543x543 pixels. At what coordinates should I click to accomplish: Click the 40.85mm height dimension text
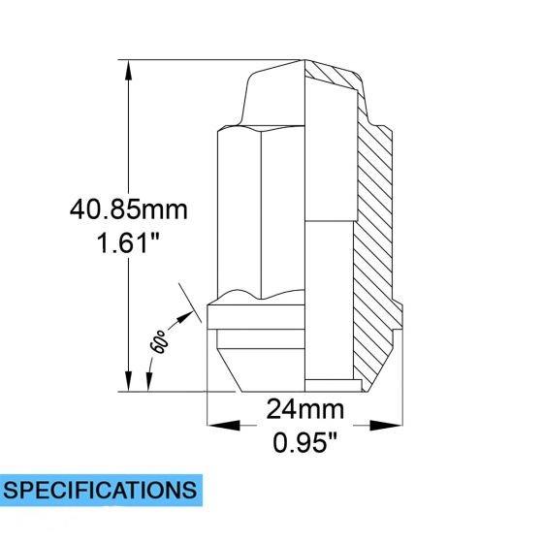pos(128,209)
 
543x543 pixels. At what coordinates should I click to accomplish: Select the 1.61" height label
pos(128,242)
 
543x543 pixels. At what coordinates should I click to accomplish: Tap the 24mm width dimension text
pos(304,409)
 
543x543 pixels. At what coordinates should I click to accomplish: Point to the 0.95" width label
pos(304,442)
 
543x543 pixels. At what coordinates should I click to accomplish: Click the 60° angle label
pos(159,341)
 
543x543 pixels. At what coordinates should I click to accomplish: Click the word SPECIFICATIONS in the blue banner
pos(100,490)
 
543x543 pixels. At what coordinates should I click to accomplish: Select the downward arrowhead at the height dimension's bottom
pos(128,380)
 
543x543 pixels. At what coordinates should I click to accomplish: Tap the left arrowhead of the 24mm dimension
pos(223,425)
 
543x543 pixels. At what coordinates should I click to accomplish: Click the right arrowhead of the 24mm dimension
pos(386,425)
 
